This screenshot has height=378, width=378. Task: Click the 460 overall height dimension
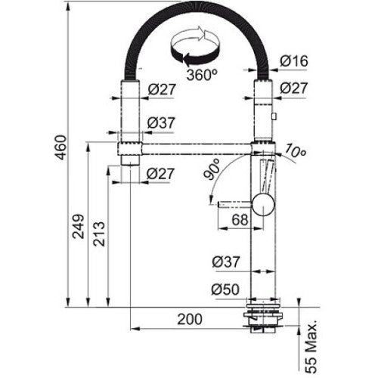click(x=61, y=147)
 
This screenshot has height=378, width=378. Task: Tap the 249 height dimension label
click(x=78, y=226)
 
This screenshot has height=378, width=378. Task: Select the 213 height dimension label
click(x=99, y=234)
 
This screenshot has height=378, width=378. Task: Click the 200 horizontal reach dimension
click(x=190, y=319)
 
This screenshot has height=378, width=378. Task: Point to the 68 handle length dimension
click(x=240, y=220)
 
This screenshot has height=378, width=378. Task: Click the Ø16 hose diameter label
click(x=294, y=61)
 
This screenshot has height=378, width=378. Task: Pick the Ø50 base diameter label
click(x=225, y=290)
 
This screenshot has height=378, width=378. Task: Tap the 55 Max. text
click(x=311, y=348)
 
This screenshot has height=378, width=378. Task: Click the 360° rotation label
click(x=202, y=75)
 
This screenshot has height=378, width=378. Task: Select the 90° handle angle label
click(x=212, y=169)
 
